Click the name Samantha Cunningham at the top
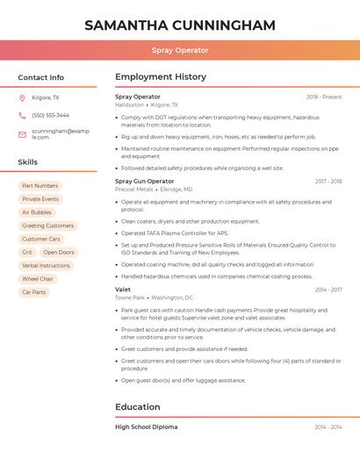point(180,25)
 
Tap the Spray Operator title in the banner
point(180,51)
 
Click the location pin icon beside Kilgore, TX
point(22,97)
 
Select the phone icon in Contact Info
point(22,115)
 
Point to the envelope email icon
point(22,134)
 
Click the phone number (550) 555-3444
point(50,115)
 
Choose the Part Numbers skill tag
point(40,186)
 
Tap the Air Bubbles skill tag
point(37,212)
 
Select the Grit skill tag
point(27,252)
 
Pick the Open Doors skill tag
point(59,252)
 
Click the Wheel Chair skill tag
point(38,279)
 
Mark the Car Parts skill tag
point(34,292)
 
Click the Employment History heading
point(161,77)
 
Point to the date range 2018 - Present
point(324,97)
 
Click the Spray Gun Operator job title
point(145,181)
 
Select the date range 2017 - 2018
point(328,182)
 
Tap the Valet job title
point(123,290)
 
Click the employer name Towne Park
point(131,297)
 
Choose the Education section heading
point(138,407)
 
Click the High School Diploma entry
point(147,426)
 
